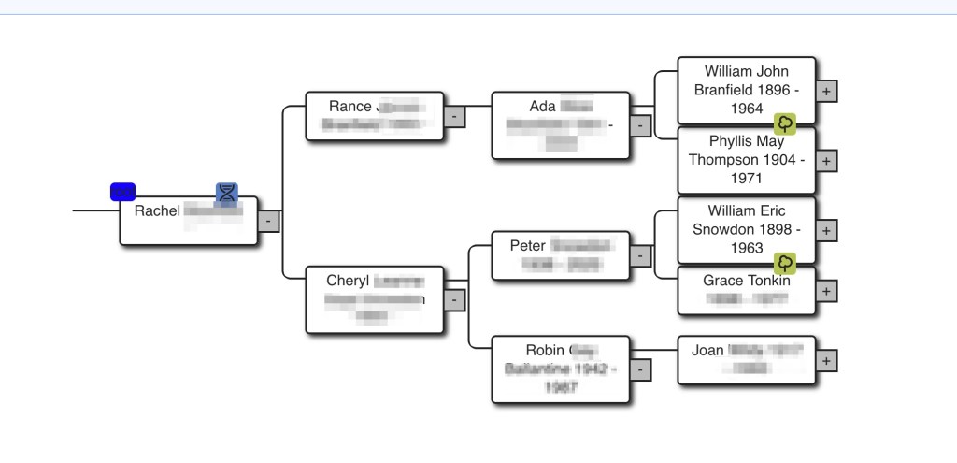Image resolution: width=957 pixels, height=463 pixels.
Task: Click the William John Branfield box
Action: point(746,90)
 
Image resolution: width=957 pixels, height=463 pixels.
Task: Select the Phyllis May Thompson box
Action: point(746,160)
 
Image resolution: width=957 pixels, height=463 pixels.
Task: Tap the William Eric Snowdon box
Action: point(746,229)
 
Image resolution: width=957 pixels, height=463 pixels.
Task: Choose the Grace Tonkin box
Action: point(746,290)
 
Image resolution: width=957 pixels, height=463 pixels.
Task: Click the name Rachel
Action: point(157,211)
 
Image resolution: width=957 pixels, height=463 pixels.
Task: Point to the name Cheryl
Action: point(348,281)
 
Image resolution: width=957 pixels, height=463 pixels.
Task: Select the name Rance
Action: point(350,107)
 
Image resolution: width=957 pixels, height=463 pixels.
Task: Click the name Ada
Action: point(542,107)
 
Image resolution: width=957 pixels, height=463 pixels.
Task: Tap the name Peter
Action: point(527,246)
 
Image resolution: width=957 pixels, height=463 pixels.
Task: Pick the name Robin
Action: point(545,351)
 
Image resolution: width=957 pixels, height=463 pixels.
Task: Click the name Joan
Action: point(707,351)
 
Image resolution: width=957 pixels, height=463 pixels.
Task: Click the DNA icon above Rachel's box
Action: point(227,194)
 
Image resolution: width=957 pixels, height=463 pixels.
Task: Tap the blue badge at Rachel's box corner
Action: point(122,192)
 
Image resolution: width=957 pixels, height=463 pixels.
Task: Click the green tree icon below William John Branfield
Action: point(785,123)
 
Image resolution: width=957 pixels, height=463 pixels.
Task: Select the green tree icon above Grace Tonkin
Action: point(785,263)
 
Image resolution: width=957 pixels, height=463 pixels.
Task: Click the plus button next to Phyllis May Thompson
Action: point(827,161)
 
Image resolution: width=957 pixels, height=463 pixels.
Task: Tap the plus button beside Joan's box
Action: point(827,360)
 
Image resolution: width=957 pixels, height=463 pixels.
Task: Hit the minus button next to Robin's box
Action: point(640,370)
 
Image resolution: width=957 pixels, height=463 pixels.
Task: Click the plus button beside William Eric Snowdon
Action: point(827,230)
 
